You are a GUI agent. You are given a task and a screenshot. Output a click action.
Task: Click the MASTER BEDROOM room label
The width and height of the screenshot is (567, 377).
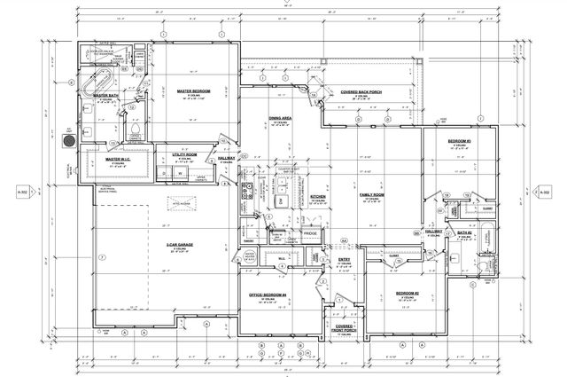[192, 90]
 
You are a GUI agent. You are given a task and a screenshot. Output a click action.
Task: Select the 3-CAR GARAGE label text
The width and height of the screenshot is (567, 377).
[180, 244]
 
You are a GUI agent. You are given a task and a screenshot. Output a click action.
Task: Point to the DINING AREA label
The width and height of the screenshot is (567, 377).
[282, 118]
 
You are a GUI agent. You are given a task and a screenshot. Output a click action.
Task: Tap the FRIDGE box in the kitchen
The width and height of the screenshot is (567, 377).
[309, 232]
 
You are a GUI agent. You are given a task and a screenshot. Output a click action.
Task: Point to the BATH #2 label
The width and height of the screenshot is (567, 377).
[464, 233]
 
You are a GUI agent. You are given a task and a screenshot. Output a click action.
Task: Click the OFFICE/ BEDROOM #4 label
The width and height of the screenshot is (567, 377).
[267, 294]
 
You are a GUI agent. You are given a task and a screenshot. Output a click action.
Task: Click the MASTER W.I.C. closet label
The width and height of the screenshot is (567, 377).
[118, 160]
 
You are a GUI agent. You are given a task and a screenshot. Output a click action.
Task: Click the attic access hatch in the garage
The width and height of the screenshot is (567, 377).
[185, 202]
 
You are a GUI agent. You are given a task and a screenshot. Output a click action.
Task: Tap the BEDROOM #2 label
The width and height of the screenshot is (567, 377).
[408, 293]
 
